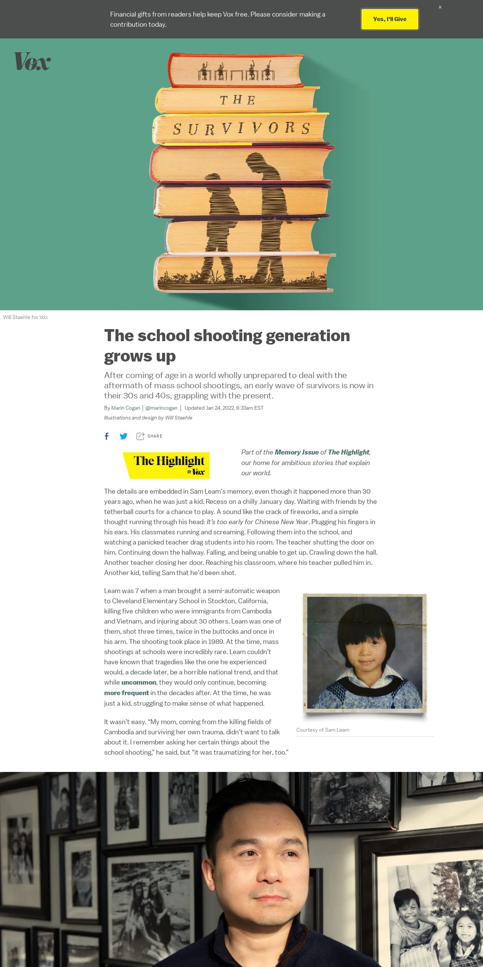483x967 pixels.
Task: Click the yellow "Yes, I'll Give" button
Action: pos(390,19)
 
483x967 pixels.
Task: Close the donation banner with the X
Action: pos(440,7)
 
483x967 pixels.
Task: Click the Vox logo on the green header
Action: pos(32,61)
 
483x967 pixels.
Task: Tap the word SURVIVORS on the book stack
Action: pos(241,129)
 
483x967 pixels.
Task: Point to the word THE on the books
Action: pos(238,100)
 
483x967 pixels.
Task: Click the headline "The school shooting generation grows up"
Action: pos(227,345)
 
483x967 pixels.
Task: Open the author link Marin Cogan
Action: pos(126,408)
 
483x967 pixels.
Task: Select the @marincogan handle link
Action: pos(161,408)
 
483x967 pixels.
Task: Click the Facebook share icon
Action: pos(107,436)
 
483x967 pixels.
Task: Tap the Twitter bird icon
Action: pos(123,436)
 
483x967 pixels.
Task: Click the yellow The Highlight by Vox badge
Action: pos(166,465)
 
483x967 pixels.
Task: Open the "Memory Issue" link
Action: pos(296,452)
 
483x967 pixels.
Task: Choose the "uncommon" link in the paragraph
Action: pos(138,682)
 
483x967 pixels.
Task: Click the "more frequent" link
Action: pos(126,693)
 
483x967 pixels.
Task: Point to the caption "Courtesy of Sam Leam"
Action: pos(323,730)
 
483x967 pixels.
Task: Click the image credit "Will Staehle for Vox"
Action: pos(25,317)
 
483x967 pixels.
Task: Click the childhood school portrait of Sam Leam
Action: pos(365,653)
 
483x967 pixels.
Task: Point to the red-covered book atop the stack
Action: pos(236,70)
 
